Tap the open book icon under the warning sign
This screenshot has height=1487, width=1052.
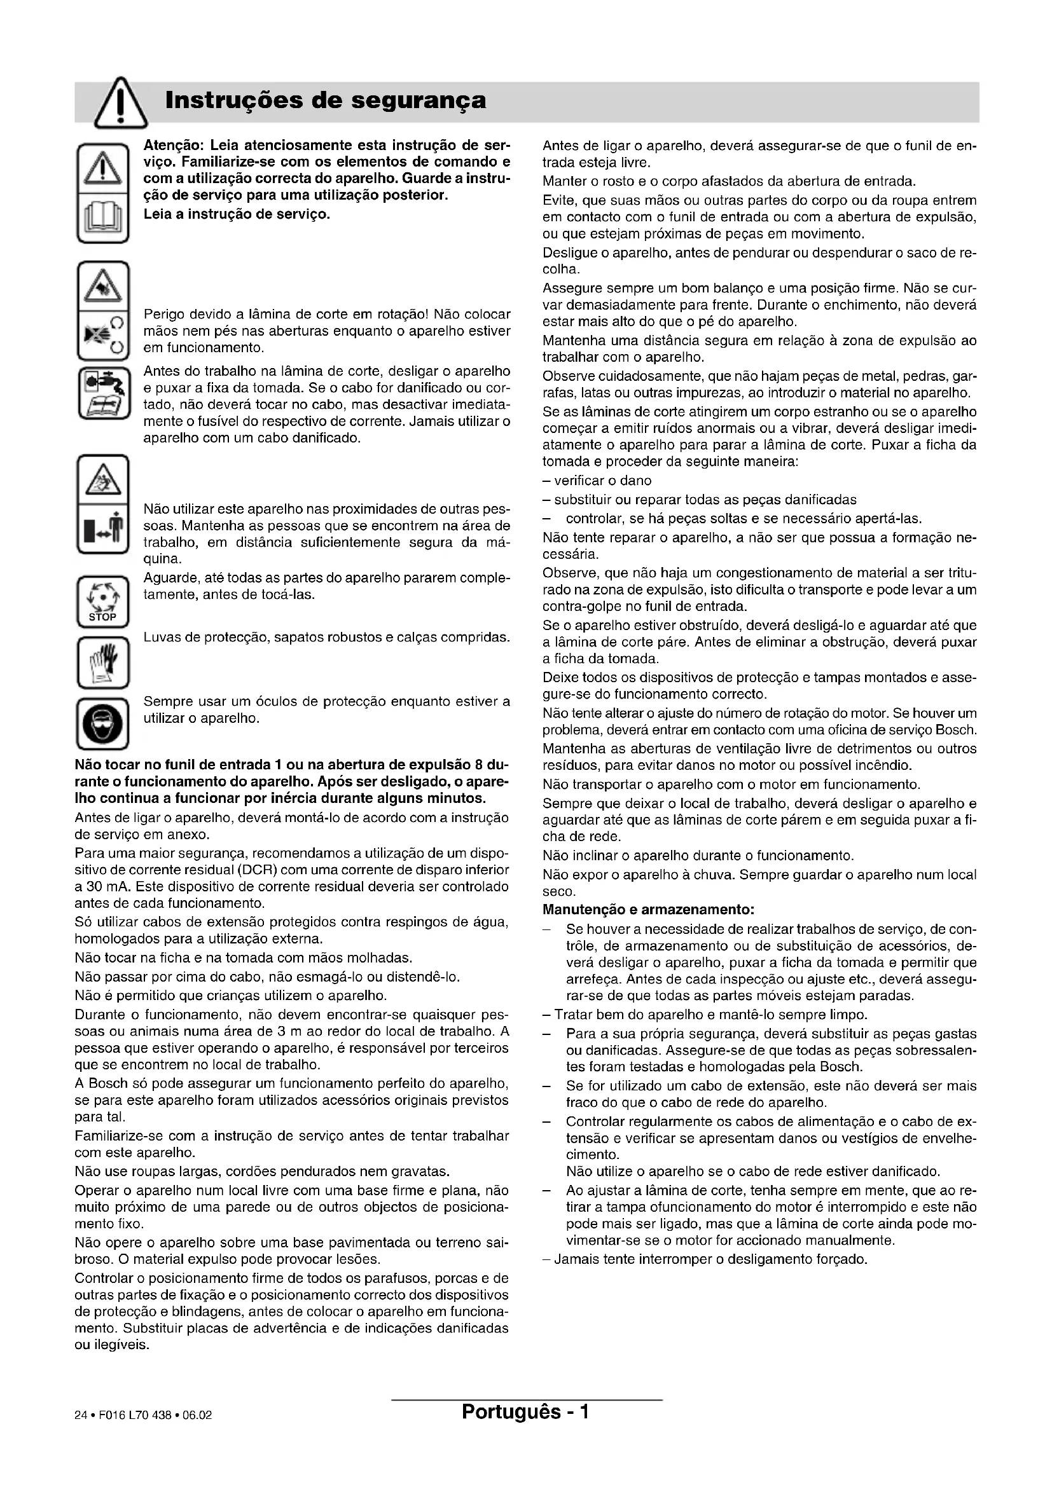tap(103, 217)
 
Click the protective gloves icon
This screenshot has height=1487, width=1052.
tap(103, 662)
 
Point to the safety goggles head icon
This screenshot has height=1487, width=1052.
tap(103, 722)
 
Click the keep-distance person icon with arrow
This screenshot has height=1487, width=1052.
tap(103, 527)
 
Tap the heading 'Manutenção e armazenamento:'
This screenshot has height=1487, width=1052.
tap(648, 910)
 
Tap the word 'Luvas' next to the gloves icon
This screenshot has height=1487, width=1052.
tap(162, 637)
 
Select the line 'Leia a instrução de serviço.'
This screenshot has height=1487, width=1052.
tap(237, 213)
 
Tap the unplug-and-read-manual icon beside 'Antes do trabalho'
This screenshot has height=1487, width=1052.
tap(103, 393)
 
